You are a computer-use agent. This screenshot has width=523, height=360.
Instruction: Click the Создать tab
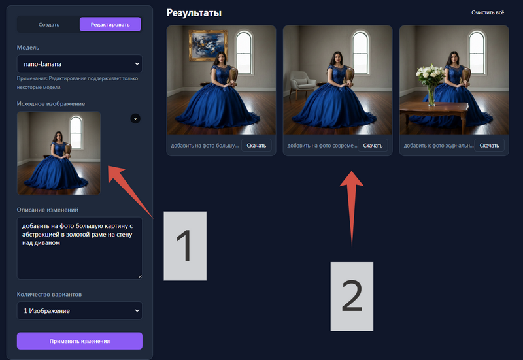[x=49, y=25]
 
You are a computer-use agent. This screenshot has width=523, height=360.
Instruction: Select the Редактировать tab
[x=110, y=25]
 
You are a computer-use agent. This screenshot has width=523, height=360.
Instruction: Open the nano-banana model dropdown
[x=79, y=63]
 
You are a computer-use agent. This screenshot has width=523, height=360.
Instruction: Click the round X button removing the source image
[x=135, y=119]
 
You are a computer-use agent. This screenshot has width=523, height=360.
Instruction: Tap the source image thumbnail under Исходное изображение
[x=59, y=153]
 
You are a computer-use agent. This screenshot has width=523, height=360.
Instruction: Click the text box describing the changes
[x=79, y=248]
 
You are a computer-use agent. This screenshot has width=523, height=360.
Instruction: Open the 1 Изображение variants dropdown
[x=79, y=310]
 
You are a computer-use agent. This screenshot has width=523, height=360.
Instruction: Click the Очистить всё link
[x=488, y=12]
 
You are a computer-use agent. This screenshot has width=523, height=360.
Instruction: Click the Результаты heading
[x=194, y=13]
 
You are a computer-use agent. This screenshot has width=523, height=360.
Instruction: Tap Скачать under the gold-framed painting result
[x=256, y=145]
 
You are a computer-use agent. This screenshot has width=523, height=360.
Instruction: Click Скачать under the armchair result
[x=373, y=145]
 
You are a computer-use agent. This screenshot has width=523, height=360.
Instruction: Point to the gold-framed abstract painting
[x=208, y=46]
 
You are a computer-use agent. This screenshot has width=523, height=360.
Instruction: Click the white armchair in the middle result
[x=302, y=84]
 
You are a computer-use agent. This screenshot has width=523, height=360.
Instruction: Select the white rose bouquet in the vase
[x=430, y=75]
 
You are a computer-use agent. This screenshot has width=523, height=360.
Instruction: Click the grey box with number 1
[x=185, y=246]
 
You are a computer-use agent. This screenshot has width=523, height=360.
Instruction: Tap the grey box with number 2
[x=352, y=297]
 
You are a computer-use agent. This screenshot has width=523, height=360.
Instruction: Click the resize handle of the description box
[x=140, y=276]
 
